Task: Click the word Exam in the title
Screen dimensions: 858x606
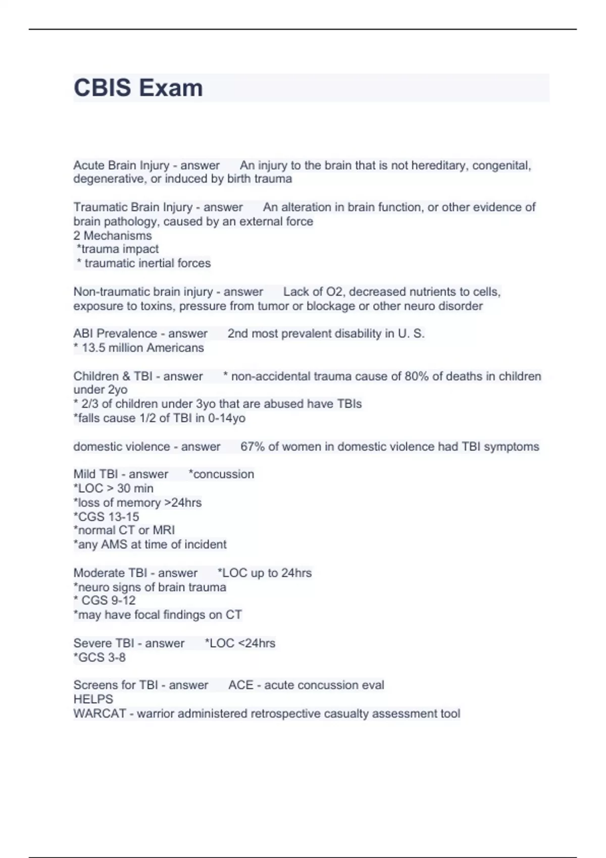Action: pos(171,88)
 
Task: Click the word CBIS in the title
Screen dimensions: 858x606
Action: pos(103,88)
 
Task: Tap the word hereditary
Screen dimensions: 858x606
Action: pos(439,166)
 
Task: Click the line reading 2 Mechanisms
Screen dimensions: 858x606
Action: pos(112,235)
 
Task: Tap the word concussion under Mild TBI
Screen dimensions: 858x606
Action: pos(223,474)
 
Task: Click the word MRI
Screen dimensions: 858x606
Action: pos(164,530)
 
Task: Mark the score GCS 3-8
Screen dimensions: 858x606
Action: pos(102,657)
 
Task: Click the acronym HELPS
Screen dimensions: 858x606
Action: pos(93,699)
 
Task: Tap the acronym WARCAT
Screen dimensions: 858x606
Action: pos(99,713)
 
